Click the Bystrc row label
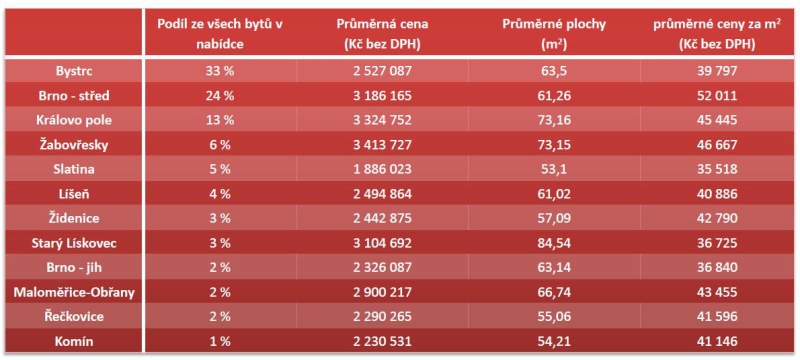coord(74,71)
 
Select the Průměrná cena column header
coord(382,34)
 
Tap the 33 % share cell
coord(220,71)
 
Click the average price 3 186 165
coord(382,95)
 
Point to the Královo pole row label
coord(74,120)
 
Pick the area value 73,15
coord(554,145)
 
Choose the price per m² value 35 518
coord(717,169)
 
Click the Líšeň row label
coord(74,194)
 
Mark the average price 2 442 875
coord(382,219)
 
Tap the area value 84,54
coord(554,243)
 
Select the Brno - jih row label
coord(74,268)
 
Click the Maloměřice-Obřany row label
coord(74,293)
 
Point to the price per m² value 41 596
coord(717,317)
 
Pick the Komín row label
coord(74,342)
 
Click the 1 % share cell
coord(220,342)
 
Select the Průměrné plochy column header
coord(554,34)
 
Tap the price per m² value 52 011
coord(717,95)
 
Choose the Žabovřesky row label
coord(74,145)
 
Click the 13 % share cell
coord(220,120)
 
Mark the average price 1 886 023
coord(382,169)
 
